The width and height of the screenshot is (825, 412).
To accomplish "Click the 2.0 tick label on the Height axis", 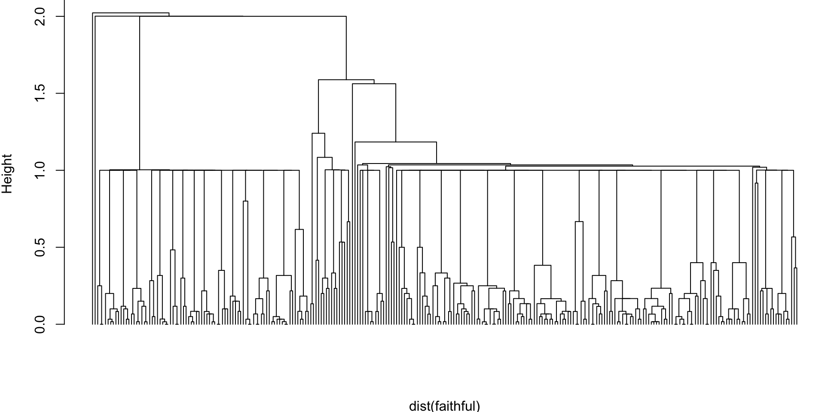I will tap(41, 16).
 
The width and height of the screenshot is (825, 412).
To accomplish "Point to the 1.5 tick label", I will tap(41, 93).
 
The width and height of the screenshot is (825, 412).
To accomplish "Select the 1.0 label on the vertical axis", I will tap(41, 170).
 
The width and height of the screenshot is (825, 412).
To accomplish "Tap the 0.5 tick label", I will tap(41, 247).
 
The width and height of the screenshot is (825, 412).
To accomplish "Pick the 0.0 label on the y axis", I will tap(41, 324).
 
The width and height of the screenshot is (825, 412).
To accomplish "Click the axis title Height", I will tap(7, 174).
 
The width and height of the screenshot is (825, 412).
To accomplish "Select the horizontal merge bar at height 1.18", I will tap(395, 142).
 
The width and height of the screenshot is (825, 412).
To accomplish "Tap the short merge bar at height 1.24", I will tap(318, 133).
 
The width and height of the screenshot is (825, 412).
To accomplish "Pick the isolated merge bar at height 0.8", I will tap(245, 201).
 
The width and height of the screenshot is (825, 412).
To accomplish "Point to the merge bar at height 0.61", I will tap(299, 230).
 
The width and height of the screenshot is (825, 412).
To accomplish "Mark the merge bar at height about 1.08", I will tap(324, 158).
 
